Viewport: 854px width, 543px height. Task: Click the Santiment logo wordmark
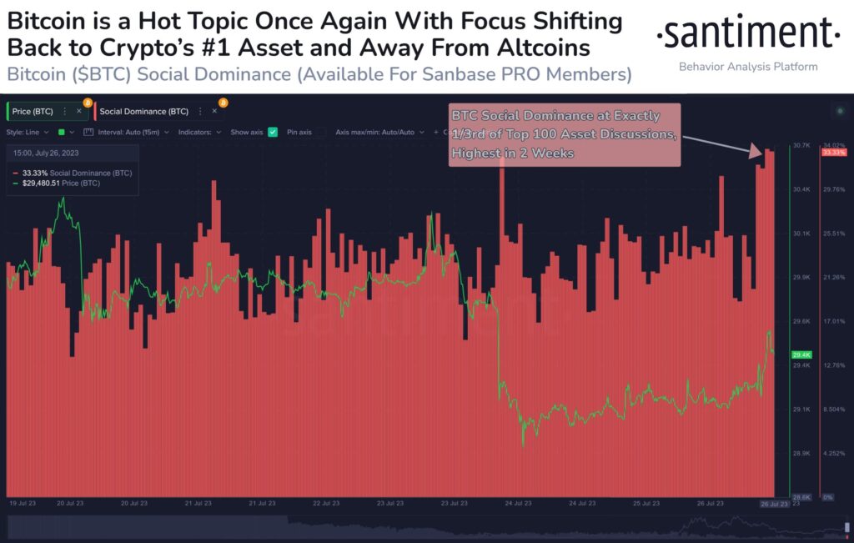[x=747, y=35]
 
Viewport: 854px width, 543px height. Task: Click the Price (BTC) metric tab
[x=33, y=111]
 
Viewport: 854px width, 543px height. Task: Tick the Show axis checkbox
[x=272, y=132]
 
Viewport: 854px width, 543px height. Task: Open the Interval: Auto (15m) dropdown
[x=130, y=132]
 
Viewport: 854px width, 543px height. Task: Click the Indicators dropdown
[x=200, y=132]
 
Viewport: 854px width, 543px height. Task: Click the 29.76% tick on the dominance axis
[x=834, y=189]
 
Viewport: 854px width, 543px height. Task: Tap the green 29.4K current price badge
[x=801, y=354]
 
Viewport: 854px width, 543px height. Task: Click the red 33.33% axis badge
[x=834, y=153]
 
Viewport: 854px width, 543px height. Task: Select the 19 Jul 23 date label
[x=22, y=504]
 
